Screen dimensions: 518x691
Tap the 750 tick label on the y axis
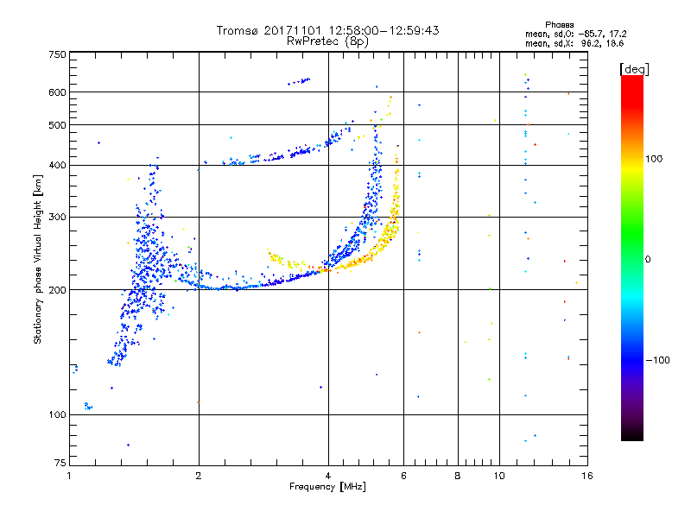click(57, 54)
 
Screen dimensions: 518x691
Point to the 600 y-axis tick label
click(57, 92)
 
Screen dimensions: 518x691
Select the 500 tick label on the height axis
click(57, 125)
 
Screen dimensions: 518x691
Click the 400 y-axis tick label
click(57, 165)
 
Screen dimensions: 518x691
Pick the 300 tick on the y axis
click(57, 217)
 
